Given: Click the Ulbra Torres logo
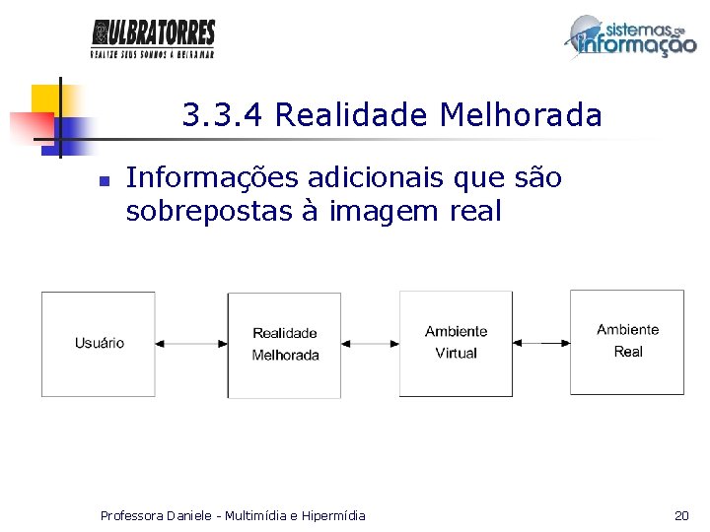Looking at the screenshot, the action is pos(153,38).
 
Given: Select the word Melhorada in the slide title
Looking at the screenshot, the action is pos(521,115).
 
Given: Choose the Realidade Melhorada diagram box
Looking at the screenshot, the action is pos(285,345).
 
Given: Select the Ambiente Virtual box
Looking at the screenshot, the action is pos(456,343).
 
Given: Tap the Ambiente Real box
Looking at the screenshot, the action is pos(627,341).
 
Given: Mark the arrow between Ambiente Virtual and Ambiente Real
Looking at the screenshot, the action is pos(540,343).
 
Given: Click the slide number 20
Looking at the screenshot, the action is pos(680,515).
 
